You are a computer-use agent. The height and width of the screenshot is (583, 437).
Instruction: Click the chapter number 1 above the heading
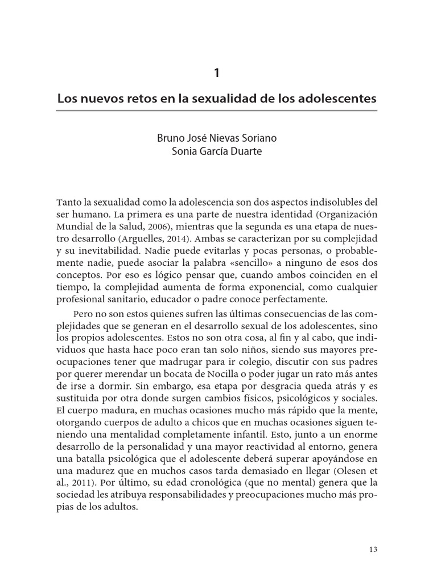click(217, 73)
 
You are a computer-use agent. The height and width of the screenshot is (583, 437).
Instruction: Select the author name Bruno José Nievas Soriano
click(217, 138)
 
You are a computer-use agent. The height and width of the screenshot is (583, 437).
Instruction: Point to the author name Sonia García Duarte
click(217, 152)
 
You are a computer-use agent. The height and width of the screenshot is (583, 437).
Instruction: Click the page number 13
click(373, 549)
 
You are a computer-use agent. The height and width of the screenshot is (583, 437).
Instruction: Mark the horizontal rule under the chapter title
click(217, 111)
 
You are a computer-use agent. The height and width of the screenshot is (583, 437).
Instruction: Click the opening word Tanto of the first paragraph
click(69, 202)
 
